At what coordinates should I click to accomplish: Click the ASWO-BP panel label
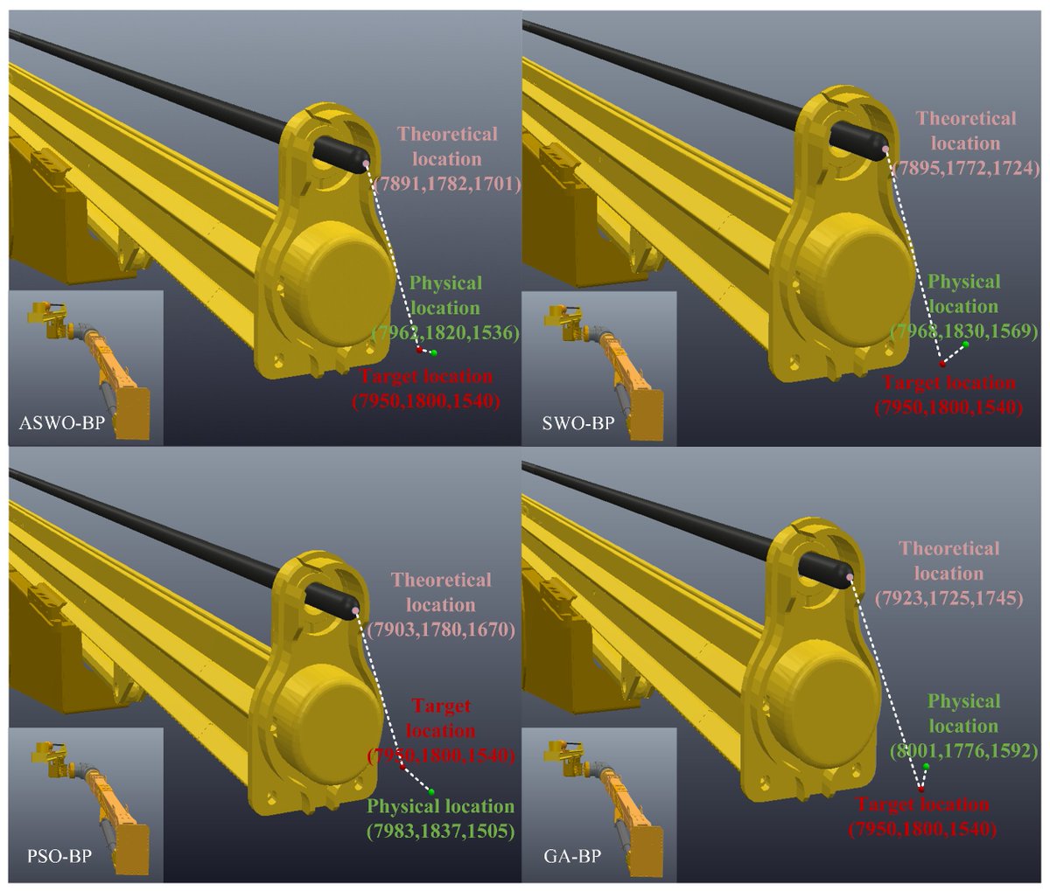[55, 426]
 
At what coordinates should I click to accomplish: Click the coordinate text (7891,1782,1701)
[446, 184]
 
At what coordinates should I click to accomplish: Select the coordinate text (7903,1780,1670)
[441, 630]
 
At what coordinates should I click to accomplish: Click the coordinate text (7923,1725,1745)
[949, 599]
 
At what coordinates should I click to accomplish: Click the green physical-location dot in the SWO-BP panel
[965, 345]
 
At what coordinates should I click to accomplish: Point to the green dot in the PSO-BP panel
[431, 791]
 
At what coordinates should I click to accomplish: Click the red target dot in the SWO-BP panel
[942, 363]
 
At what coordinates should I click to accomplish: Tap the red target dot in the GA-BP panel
[920, 790]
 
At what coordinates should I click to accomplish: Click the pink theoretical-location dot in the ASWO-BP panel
[367, 163]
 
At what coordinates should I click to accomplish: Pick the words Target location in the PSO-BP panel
[441, 718]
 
